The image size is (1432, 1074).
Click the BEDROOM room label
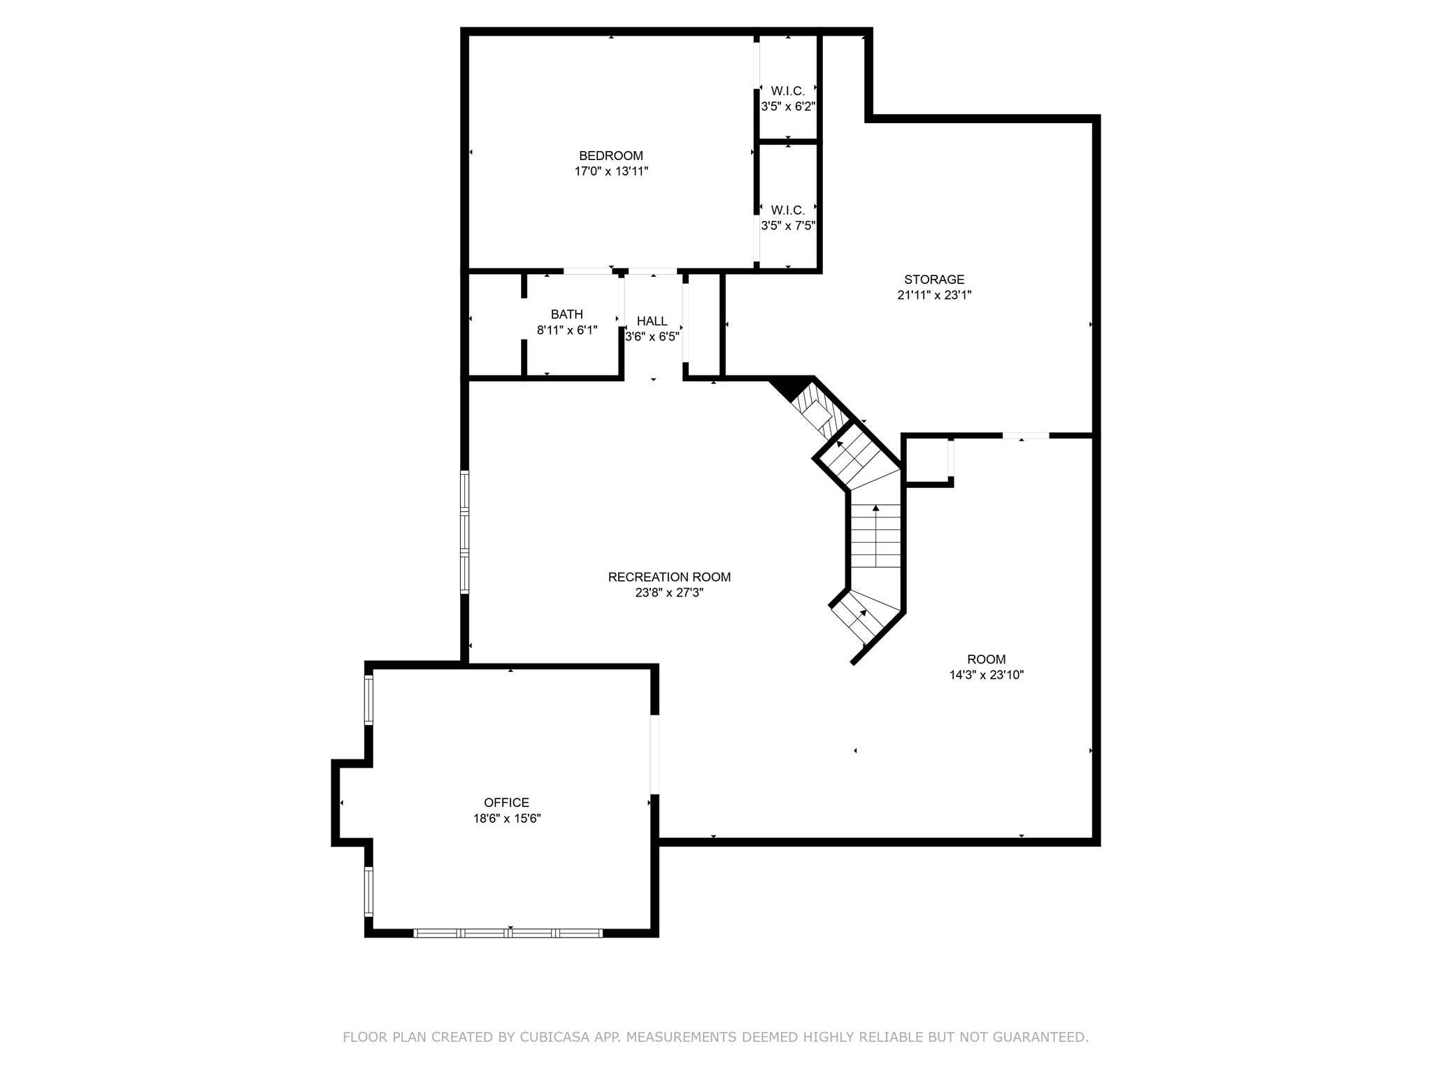click(611, 156)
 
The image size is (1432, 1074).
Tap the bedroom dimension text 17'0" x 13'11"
click(611, 171)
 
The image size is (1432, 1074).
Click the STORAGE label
click(934, 280)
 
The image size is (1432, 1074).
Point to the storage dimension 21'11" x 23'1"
click(934, 295)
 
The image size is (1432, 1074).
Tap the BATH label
click(567, 315)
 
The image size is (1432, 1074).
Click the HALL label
click(652, 321)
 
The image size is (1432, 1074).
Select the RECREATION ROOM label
click(669, 577)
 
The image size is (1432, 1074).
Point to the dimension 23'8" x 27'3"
click(669, 592)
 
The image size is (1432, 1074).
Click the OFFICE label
click(507, 803)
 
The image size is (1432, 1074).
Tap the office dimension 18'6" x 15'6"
click(507, 818)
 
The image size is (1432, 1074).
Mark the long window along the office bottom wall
click(508, 933)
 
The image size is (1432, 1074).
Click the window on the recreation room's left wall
click(464, 532)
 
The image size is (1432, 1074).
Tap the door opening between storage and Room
click(1026, 436)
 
